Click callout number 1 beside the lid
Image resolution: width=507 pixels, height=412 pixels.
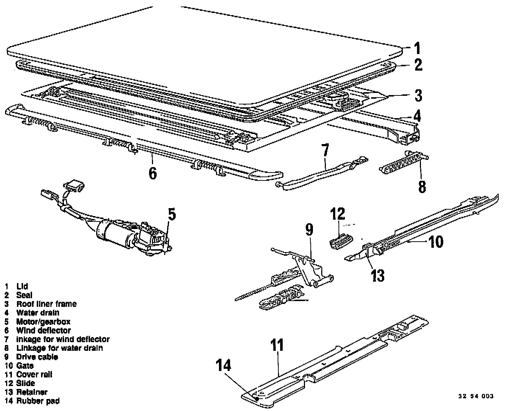417,48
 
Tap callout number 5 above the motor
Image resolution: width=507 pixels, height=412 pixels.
172,214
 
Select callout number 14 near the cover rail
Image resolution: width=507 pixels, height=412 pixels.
223,366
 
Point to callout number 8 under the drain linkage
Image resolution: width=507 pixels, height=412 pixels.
421,187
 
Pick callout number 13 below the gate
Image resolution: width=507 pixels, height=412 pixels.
378,276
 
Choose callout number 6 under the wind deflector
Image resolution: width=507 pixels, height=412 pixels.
153,173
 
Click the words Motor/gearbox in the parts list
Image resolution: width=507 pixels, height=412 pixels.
43,322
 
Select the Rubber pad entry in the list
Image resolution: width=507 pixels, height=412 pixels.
38,401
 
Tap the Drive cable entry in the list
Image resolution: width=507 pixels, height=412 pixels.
37,357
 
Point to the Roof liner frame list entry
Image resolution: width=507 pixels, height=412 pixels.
46,304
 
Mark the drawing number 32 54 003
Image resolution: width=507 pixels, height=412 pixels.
475,396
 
